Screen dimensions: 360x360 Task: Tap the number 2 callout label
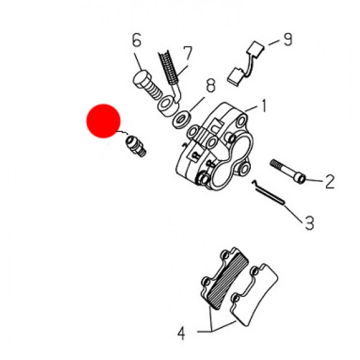click(329, 179)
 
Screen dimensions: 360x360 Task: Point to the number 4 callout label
click(182, 332)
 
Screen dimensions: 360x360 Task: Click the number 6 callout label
click(137, 41)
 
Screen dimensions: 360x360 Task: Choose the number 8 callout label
click(211, 85)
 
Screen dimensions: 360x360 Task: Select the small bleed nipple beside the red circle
click(135, 146)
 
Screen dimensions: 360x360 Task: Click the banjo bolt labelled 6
click(146, 85)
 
